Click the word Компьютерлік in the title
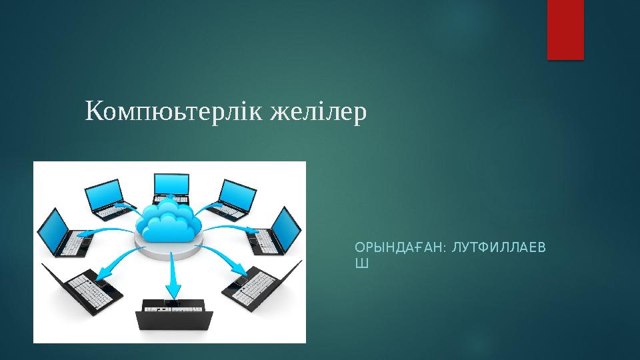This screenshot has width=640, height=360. pyautogui.click(x=175, y=113)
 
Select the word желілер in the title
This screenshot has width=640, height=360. pyautogui.click(x=317, y=112)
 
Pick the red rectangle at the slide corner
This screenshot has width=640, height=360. pyautogui.click(x=565, y=29)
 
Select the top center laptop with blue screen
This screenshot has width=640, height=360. pyautogui.click(x=171, y=188)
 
